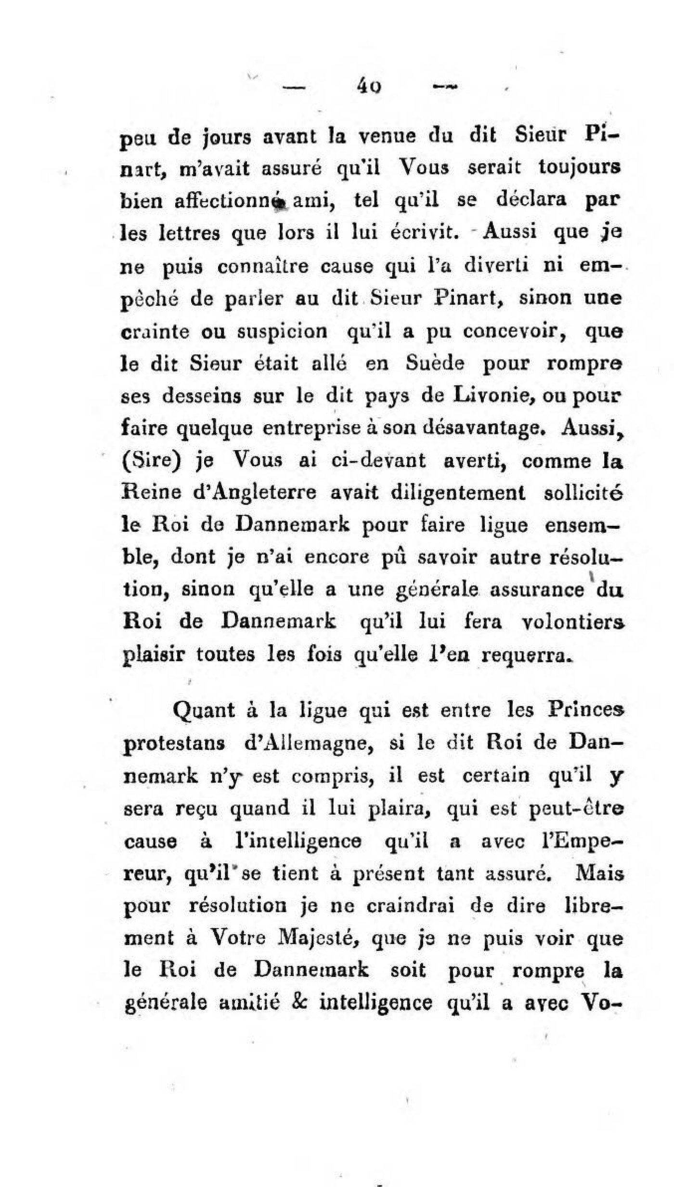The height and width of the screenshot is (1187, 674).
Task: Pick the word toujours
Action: click(x=577, y=168)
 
